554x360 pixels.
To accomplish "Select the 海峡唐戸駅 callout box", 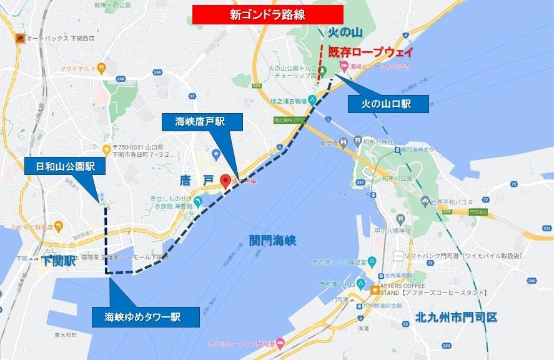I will coord(202,121).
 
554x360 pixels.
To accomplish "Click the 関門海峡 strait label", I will coord(272,240).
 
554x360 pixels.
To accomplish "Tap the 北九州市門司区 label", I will coord(456,317).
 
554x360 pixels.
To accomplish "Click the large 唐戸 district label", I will coord(196,181).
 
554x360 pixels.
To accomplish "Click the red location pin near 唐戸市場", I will coord(225,181).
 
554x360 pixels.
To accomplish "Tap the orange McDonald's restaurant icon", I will coord(101,67).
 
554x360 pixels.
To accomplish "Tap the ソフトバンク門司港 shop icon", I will coord(397,256).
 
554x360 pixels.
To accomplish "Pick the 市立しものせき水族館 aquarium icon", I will coord(197,202).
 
